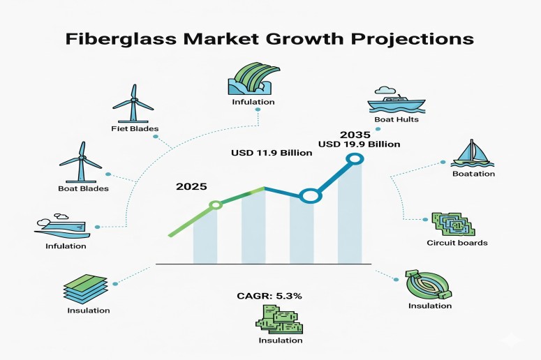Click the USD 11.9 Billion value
point(271,153)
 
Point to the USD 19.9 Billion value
point(359,144)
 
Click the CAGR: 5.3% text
point(269,296)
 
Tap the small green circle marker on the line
point(216,204)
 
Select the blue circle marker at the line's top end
point(355,160)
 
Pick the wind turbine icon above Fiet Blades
point(133,105)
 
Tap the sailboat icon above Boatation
point(473,153)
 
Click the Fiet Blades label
point(135,128)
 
